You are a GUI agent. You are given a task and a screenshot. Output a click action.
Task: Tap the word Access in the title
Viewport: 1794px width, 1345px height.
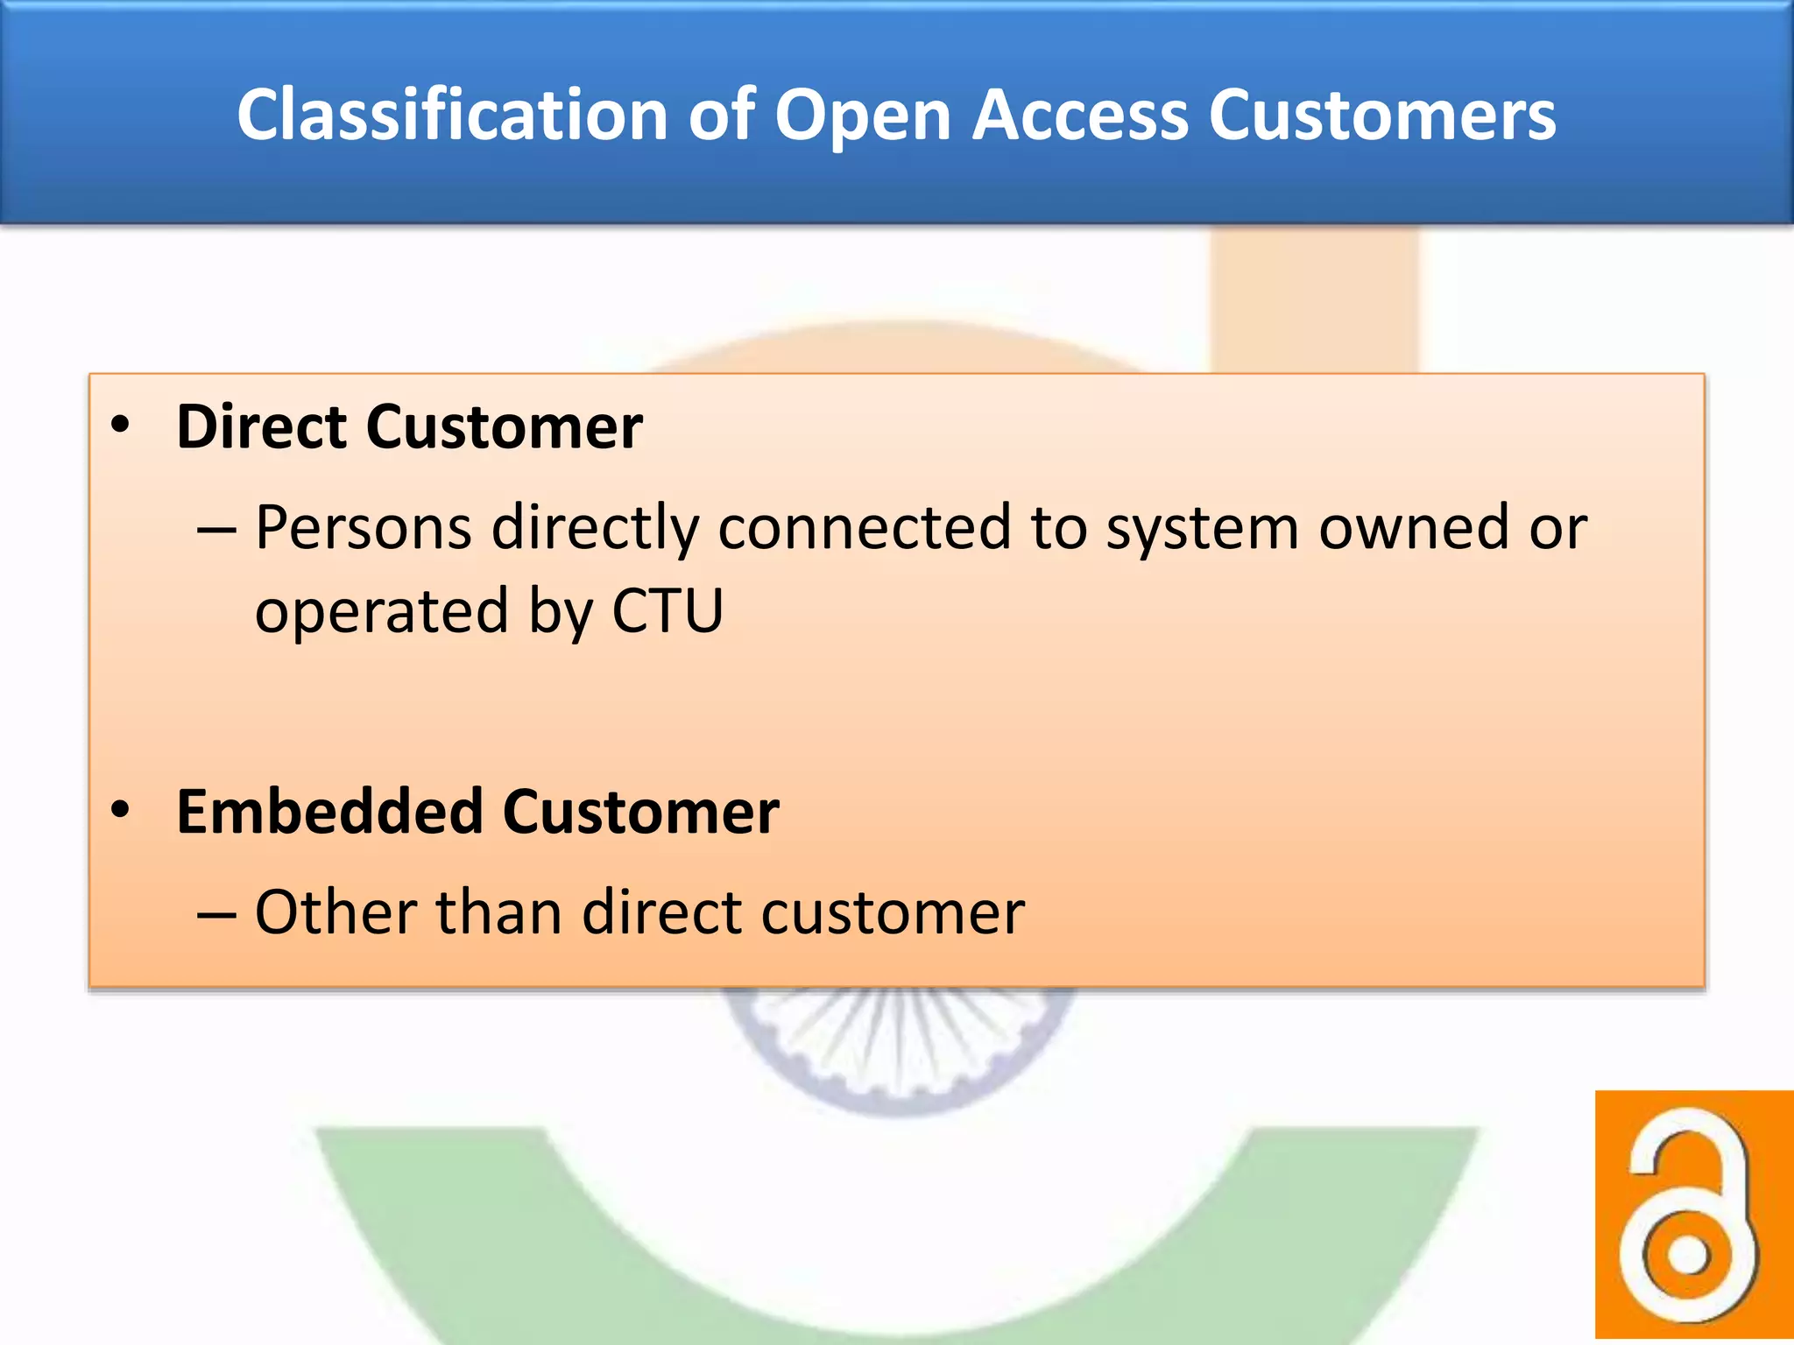(1079, 115)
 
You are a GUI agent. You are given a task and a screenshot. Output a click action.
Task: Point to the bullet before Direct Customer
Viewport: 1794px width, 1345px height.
(121, 426)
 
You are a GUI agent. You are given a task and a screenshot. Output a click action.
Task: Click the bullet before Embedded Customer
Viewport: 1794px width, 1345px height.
(121, 811)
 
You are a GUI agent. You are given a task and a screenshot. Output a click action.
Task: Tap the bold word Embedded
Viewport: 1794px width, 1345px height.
(329, 811)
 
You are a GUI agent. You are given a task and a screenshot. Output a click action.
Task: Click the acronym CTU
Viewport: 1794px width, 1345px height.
(667, 610)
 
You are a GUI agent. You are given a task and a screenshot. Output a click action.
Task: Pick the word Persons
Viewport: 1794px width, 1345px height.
(364, 528)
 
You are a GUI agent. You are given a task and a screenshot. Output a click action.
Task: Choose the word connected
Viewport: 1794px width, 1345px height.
(865, 528)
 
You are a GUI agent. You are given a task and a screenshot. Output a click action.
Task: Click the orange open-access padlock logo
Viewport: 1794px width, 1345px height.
(1693, 1216)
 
